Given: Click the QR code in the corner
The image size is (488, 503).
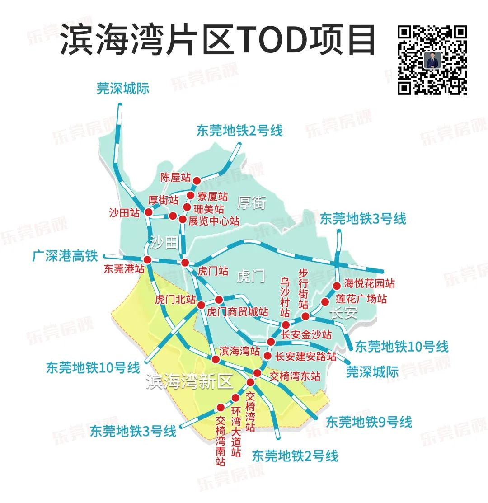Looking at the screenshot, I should tap(432, 60).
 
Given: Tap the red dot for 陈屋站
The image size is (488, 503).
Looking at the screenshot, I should tap(197, 181).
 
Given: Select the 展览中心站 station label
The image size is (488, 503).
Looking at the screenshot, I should tap(214, 221).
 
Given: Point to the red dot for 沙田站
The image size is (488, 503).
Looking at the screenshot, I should tap(148, 212).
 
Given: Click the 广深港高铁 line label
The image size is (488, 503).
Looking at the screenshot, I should tap(65, 256).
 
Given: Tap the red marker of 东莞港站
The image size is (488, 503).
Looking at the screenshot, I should tap(147, 259).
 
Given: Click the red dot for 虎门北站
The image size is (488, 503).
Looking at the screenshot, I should tap(201, 305).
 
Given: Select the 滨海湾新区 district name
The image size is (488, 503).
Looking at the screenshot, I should tap(189, 382).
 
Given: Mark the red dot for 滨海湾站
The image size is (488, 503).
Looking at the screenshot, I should tap(216, 359).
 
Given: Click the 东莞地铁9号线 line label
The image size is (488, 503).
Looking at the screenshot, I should tap(369, 422).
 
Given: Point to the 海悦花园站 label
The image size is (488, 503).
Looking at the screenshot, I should tap(369, 283).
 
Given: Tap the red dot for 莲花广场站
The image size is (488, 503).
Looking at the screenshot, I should tap(325, 302).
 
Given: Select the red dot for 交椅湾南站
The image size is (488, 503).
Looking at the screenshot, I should tap(221, 407).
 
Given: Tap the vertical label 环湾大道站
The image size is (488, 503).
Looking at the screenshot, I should tap(235, 432).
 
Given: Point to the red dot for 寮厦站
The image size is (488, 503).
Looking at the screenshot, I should tap(191, 195).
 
